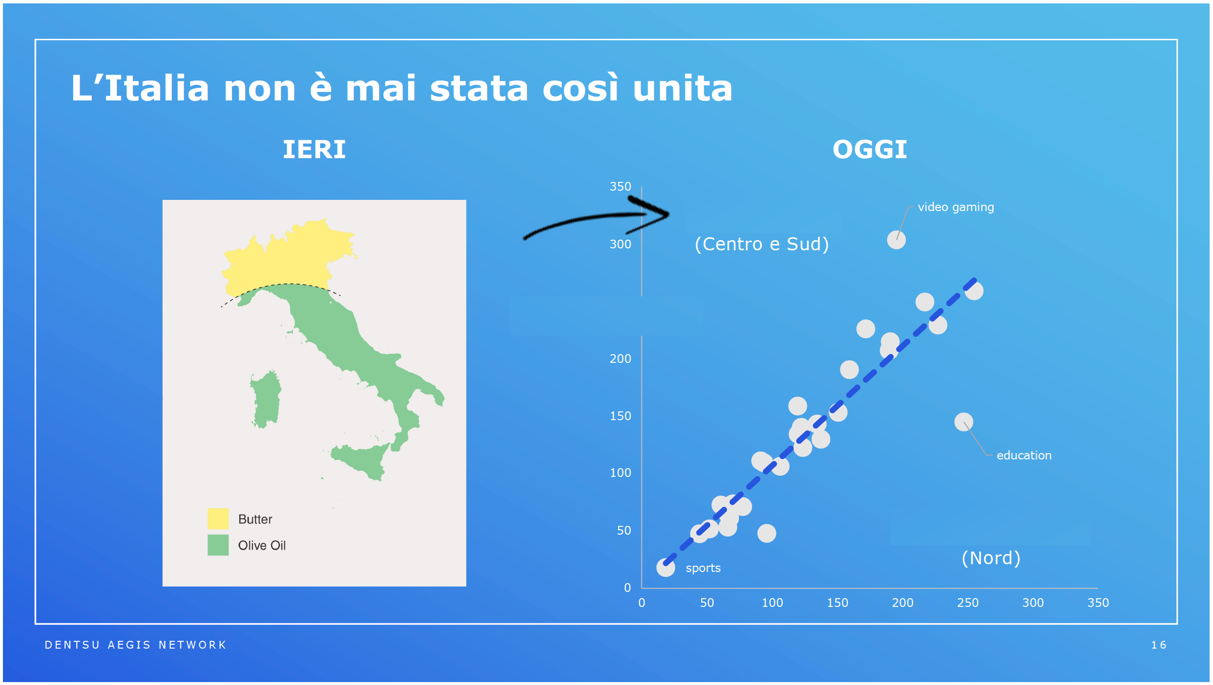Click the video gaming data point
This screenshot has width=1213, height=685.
[x=896, y=240]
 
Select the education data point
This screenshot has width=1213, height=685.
[x=964, y=422]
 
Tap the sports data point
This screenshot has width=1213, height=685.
[x=666, y=568]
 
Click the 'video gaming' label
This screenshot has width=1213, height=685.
[x=956, y=207]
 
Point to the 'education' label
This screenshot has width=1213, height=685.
[x=1024, y=456]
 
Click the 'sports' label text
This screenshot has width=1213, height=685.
[x=703, y=568]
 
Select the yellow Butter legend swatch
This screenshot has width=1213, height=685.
[x=218, y=519]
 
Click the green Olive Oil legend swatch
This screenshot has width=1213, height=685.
[x=218, y=545]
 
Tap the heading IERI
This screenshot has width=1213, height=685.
[x=314, y=149]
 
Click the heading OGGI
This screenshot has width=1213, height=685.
[x=869, y=149]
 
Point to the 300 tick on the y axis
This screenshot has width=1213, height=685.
[x=621, y=244]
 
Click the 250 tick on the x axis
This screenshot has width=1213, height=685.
[x=967, y=603]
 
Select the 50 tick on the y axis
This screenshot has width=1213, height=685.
[x=624, y=531]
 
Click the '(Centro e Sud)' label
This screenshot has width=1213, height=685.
[x=762, y=244]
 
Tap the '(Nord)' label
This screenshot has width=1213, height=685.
[x=991, y=558]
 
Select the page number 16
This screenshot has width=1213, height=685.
[x=1159, y=645]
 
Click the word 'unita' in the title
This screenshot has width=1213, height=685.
[x=683, y=88]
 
